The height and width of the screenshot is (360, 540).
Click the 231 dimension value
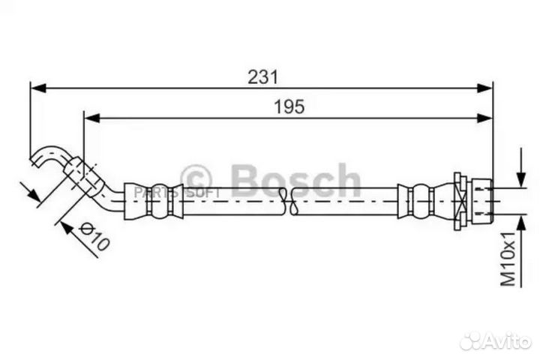[262, 76]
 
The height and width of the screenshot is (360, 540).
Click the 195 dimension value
[289, 106]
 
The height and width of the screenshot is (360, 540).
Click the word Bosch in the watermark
[295, 181]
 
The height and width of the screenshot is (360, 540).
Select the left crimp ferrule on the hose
[154, 200]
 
